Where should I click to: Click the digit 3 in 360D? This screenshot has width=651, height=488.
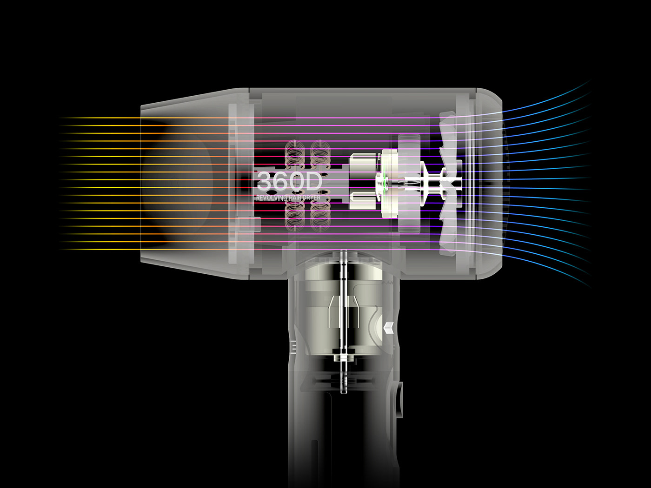click(264, 180)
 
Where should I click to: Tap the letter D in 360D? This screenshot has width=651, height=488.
click(313, 180)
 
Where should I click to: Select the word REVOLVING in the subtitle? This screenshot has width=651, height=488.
click(272, 198)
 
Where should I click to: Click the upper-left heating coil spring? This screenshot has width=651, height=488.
click(294, 154)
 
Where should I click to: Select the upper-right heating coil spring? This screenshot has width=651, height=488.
click(320, 154)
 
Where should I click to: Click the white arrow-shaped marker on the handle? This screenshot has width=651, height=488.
click(389, 328)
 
